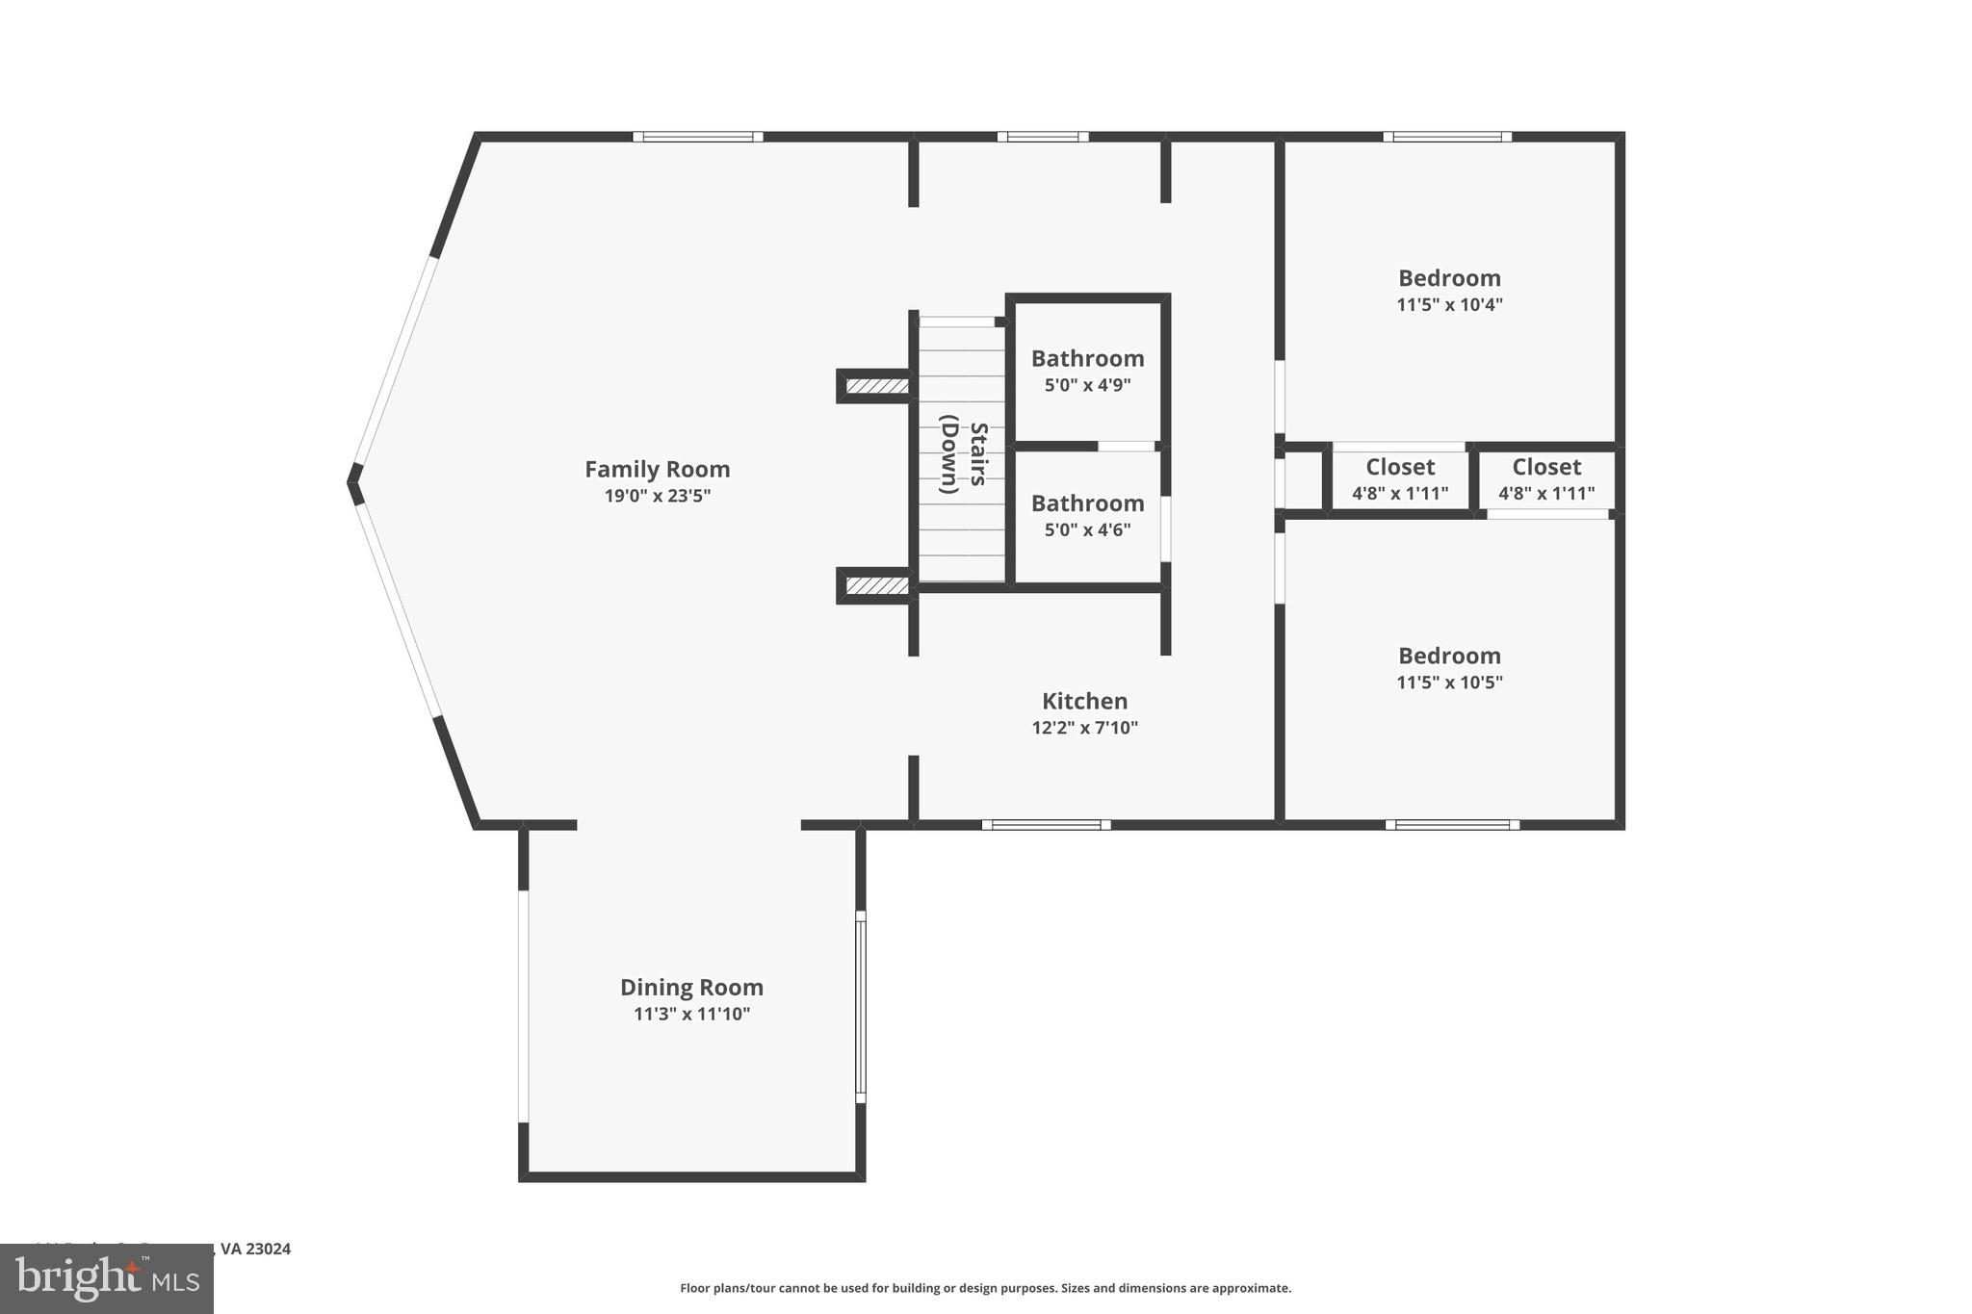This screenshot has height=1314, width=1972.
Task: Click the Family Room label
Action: tap(658, 470)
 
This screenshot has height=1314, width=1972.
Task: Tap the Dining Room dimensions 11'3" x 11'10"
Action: tap(691, 1014)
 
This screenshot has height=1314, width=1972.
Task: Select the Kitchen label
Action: tap(1084, 701)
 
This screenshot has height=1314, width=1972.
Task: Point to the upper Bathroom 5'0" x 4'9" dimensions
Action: tap(1087, 385)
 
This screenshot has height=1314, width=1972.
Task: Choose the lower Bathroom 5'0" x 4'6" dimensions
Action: tap(1087, 529)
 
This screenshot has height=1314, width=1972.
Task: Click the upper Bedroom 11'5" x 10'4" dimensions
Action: tap(1449, 305)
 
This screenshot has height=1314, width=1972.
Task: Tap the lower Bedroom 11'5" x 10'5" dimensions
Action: tap(1449, 683)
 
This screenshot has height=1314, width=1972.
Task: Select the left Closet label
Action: tap(1400, 467)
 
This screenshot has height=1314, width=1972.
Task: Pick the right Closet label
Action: tap(1546, 467)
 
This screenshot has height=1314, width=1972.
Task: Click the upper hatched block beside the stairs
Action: tap(876, 386)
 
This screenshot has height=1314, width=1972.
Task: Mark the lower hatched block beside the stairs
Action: tap(876, 585)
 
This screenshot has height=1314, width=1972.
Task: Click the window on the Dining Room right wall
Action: tap(861, 1006)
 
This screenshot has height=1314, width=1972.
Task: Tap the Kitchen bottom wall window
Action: tap(1046, 824)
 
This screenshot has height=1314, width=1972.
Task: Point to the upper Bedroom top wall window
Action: tap(1447, 137)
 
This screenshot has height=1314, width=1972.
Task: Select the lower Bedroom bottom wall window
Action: tap(1452, 824)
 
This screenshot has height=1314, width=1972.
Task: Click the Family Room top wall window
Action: tap(698, 137)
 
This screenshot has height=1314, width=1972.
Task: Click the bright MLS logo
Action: tap(107, 1278)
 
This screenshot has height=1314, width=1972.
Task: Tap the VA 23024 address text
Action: tap(255, 1249)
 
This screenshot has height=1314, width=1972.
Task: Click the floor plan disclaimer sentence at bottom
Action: tap(985, 1288)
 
